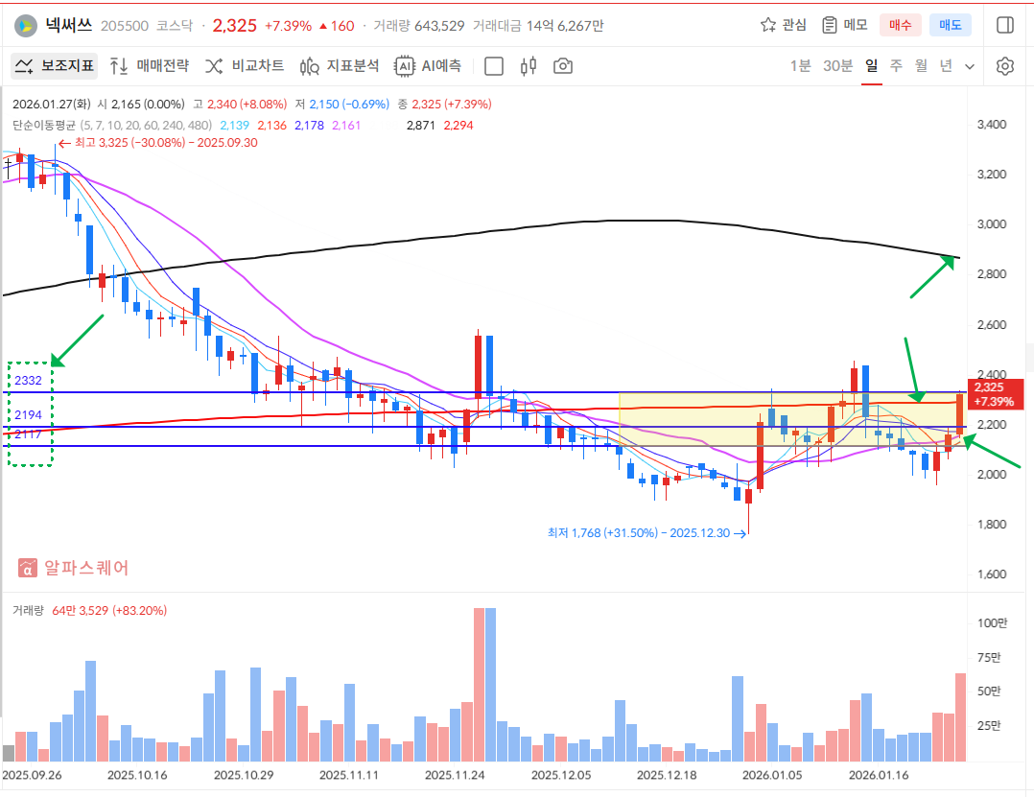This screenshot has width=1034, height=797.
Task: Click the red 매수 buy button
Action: (x=901, y=25)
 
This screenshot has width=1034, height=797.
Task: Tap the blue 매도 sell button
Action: (x=950, y=25)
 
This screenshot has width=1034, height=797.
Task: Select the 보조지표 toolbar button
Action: (x=54, y=66)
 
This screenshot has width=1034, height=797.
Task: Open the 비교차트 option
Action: (x=245, y=66)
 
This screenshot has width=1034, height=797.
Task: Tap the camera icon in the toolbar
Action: (x=563, y=66)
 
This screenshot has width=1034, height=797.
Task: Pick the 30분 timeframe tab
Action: (x=837, y=66)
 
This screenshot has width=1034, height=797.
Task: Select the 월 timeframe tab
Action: (x=921, y=66)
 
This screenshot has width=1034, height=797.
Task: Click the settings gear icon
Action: (x=1004, y=66)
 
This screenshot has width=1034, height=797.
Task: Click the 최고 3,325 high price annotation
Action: (x=163, y=142)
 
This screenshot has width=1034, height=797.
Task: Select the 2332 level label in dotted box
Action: (x=28, y=381)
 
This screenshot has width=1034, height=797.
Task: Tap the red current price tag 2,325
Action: (x=994, y=393)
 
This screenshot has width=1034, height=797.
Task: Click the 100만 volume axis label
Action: (x=992, y=623)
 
